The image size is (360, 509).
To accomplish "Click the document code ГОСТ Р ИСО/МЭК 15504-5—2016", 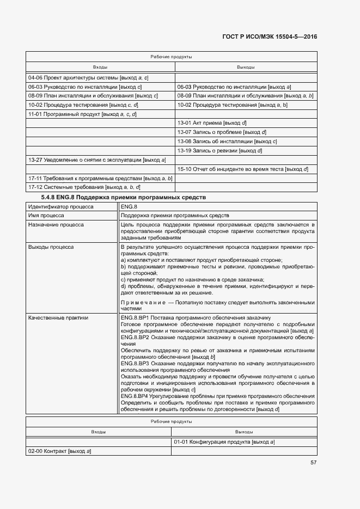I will point(270,37).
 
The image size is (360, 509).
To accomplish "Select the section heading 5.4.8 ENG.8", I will point(124,197).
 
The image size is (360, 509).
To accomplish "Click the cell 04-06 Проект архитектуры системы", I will point(88,78).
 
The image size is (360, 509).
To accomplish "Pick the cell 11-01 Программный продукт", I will point(82,114).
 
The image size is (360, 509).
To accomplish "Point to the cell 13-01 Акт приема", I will point(212,123).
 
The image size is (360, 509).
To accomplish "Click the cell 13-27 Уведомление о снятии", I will point(97,160).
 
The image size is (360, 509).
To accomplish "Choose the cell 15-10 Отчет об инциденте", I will point(243,169).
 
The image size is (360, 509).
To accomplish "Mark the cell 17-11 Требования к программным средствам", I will point(100,178).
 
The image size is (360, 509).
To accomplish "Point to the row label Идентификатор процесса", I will point(60,207).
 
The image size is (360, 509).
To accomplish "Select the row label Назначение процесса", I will point(56,224).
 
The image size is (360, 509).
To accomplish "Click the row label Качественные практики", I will point(58,317).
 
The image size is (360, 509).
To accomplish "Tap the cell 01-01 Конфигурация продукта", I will point(224,442).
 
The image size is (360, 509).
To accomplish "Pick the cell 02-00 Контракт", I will point(59,451).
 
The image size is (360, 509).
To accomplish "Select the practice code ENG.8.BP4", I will point(135,396).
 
